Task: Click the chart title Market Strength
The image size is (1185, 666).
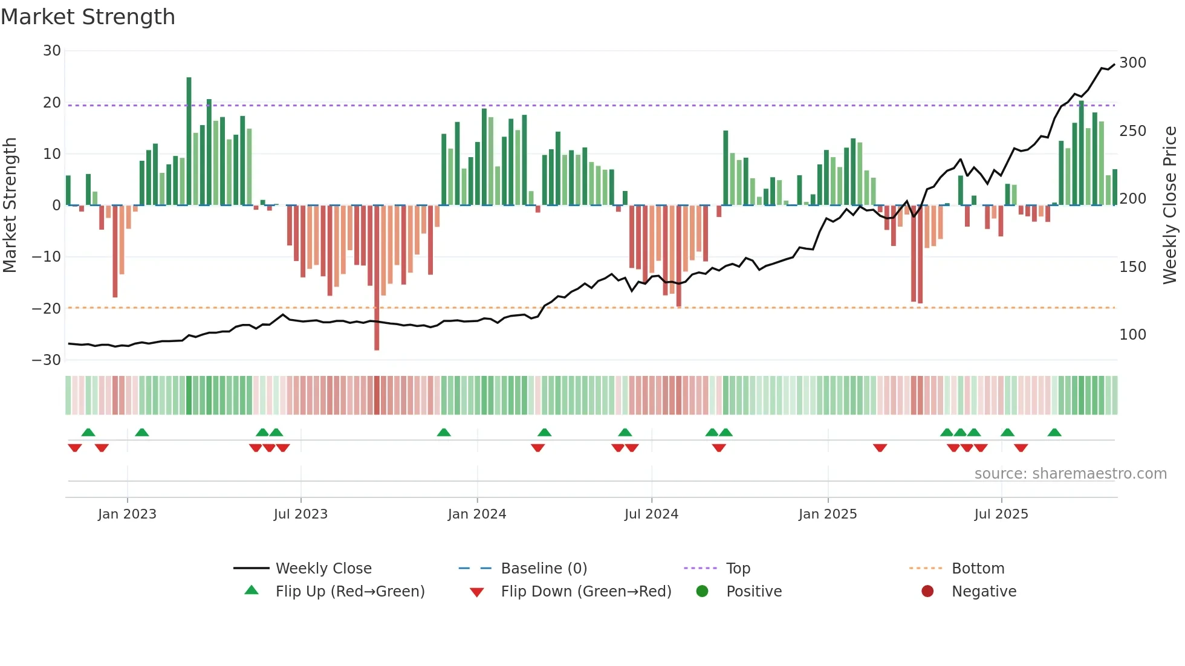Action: tap(88, 17)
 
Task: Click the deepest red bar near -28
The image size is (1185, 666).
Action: tap(377, 278)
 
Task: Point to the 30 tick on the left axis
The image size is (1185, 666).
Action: tap(52, 51)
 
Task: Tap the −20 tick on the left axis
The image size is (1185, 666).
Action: tap(47, 308)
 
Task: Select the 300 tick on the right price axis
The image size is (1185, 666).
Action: tap(1132, 63)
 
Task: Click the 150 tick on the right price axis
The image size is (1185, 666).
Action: tap(1132, 267)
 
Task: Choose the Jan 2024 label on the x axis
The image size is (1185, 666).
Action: tap(477, 514)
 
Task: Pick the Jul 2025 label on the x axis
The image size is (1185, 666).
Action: tap(1001, 514)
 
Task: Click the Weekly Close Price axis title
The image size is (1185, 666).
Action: tap(1170, 205)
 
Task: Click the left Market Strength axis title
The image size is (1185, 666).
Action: tap(10, 205)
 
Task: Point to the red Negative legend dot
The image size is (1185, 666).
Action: tap(927, 591)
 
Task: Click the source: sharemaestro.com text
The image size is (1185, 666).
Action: tap(1070, 474)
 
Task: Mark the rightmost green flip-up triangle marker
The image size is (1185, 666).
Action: tap(1054, 432)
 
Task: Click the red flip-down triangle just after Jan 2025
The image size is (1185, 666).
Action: tap(880, 448)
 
